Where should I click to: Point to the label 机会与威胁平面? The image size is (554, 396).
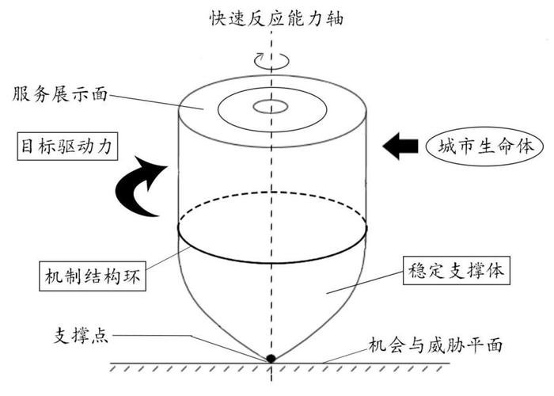tap(435, 346)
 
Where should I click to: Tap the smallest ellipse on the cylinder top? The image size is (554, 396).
tap(271, 105)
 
